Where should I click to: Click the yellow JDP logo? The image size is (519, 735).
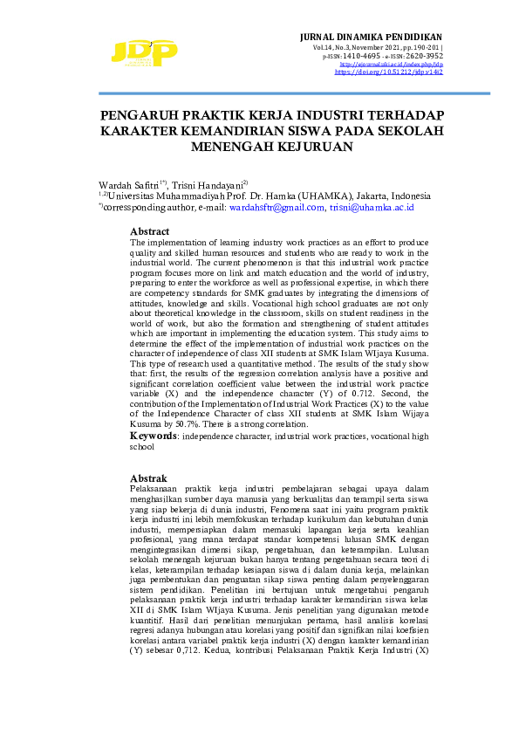click(143, 53)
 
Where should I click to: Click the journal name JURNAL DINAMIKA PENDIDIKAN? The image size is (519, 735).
click(371, 36)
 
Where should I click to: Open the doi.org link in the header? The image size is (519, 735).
click(389, 72)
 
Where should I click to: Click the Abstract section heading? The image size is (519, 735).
click(149, 231)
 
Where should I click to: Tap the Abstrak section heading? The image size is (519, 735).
click(148, 479)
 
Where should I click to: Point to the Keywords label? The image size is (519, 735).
click(155, 435)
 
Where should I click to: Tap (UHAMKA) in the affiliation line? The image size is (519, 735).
click(303, 196)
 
